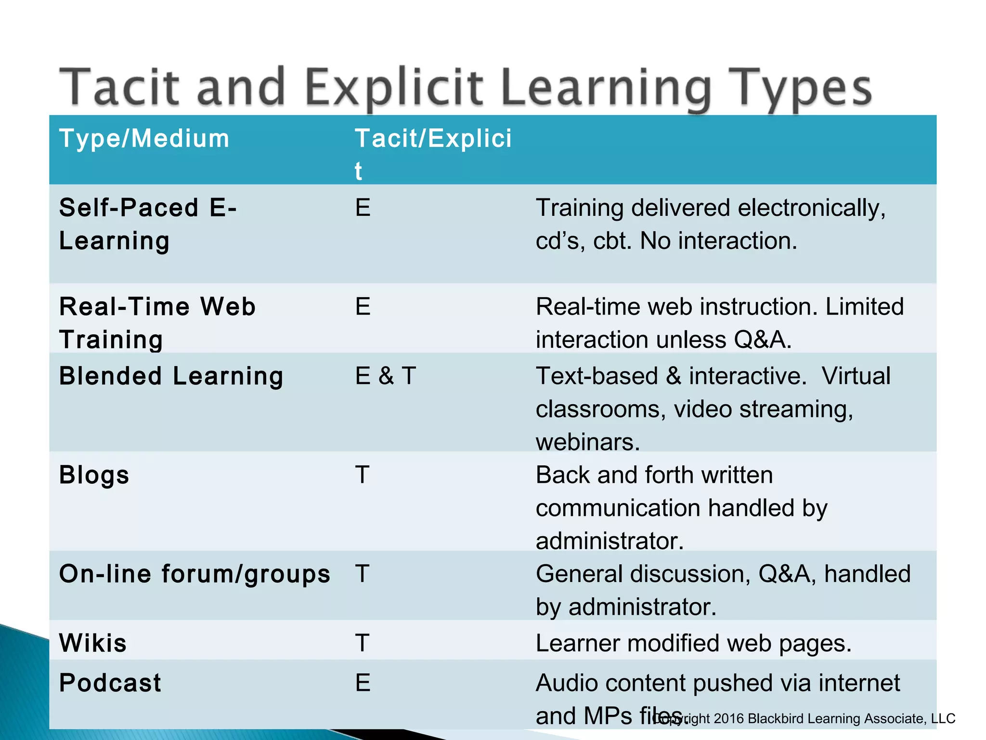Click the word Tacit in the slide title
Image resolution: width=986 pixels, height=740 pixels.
(x=119, y=88)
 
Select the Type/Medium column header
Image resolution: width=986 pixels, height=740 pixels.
(x=144, y=139)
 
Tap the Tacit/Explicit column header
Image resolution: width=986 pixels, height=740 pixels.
(x=433, y=140)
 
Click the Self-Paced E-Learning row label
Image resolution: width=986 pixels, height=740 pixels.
(x=148, y=224)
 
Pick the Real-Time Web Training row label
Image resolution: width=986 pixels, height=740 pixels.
(x=157, y=323)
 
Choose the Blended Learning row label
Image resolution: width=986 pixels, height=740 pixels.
(x=171, y=376)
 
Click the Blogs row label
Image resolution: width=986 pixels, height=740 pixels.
(x=94, y=476)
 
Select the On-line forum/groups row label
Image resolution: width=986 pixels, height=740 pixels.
(x=195, y=574)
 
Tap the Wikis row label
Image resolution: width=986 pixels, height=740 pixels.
(x=93, y=643)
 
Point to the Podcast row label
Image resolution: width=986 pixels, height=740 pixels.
(x=110, y=683)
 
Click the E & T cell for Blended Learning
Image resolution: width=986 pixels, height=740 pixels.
(x=385, y=376)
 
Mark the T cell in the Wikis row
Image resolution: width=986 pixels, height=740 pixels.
(x=363, y=643)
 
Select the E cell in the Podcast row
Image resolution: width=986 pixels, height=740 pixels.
(x=363, y=683)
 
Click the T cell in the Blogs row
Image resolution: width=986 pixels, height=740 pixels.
(x=363, y=476)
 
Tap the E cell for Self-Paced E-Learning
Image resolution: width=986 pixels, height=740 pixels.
(x=363, y=208)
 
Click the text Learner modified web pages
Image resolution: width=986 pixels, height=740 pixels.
(x=693, y=643)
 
